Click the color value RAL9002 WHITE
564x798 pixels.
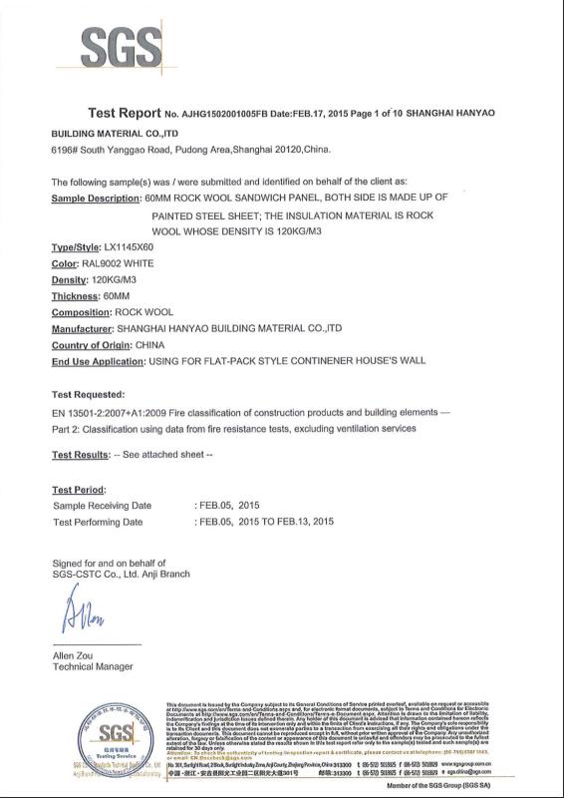tap(123, 263)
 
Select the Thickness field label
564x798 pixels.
tap(76, 296)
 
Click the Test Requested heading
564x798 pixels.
tap(88, 394)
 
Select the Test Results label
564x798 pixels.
tap(80, 455)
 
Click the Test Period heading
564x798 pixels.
tap(78, 489)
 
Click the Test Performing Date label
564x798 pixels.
tap(98, 521)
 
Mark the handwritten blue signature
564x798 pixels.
tap(83, 613)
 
